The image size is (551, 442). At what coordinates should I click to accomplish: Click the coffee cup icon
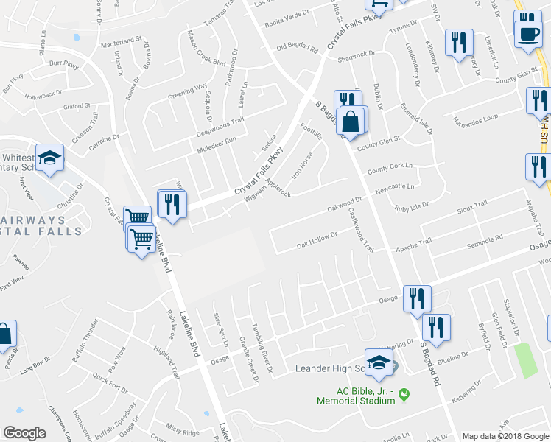pos(527,32)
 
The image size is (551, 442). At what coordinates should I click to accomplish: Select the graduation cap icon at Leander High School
pos(379,363)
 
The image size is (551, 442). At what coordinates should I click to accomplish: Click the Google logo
pos(25,433)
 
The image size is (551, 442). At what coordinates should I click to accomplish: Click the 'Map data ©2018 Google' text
pos(505,435)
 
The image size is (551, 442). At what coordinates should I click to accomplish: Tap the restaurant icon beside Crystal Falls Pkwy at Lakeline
pos(172,204)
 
